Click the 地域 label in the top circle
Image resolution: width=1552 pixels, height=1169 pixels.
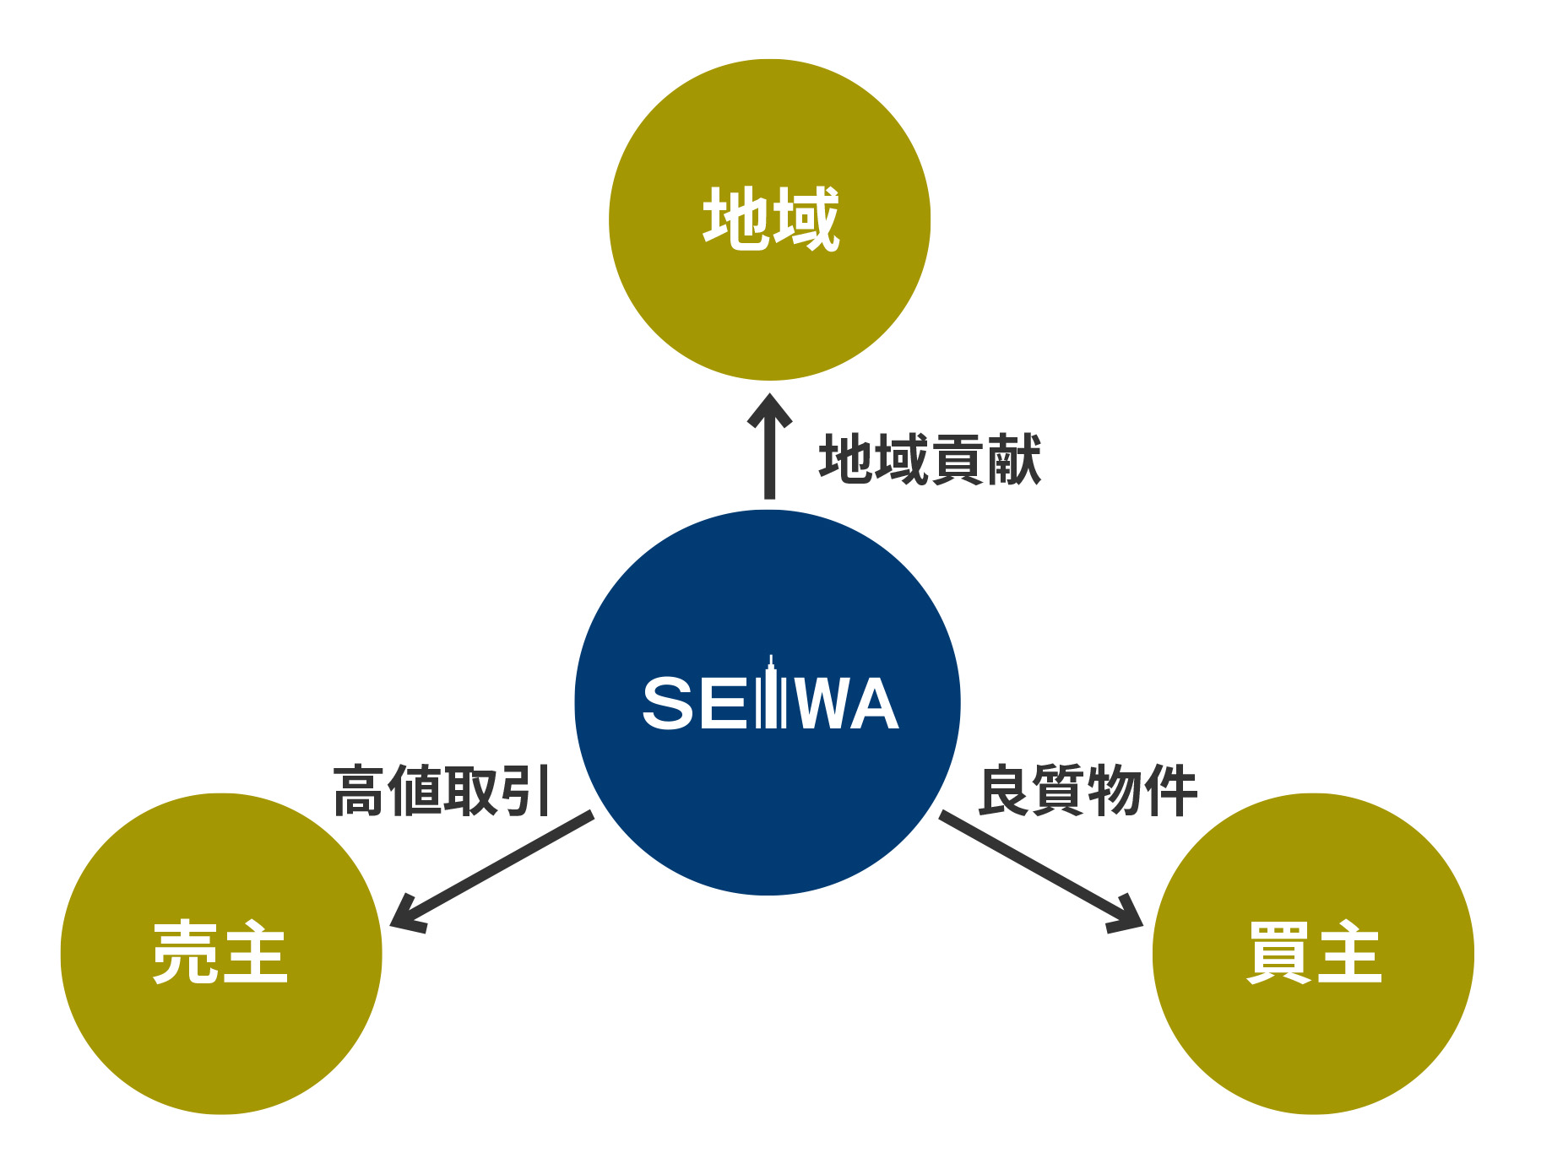point(771,219)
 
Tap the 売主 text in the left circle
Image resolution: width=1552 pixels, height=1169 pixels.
point(220,953)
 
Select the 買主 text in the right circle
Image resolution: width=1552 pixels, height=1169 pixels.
point(1314,953)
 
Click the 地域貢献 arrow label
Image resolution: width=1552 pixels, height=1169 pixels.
point(930,460)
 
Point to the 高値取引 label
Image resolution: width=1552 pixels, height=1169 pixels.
point(442,791)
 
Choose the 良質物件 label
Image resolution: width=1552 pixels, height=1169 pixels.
point(1088,791)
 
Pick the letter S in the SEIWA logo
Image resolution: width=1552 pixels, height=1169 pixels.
point(669,703)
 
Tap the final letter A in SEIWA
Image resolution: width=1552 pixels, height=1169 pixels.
point(872,703)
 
